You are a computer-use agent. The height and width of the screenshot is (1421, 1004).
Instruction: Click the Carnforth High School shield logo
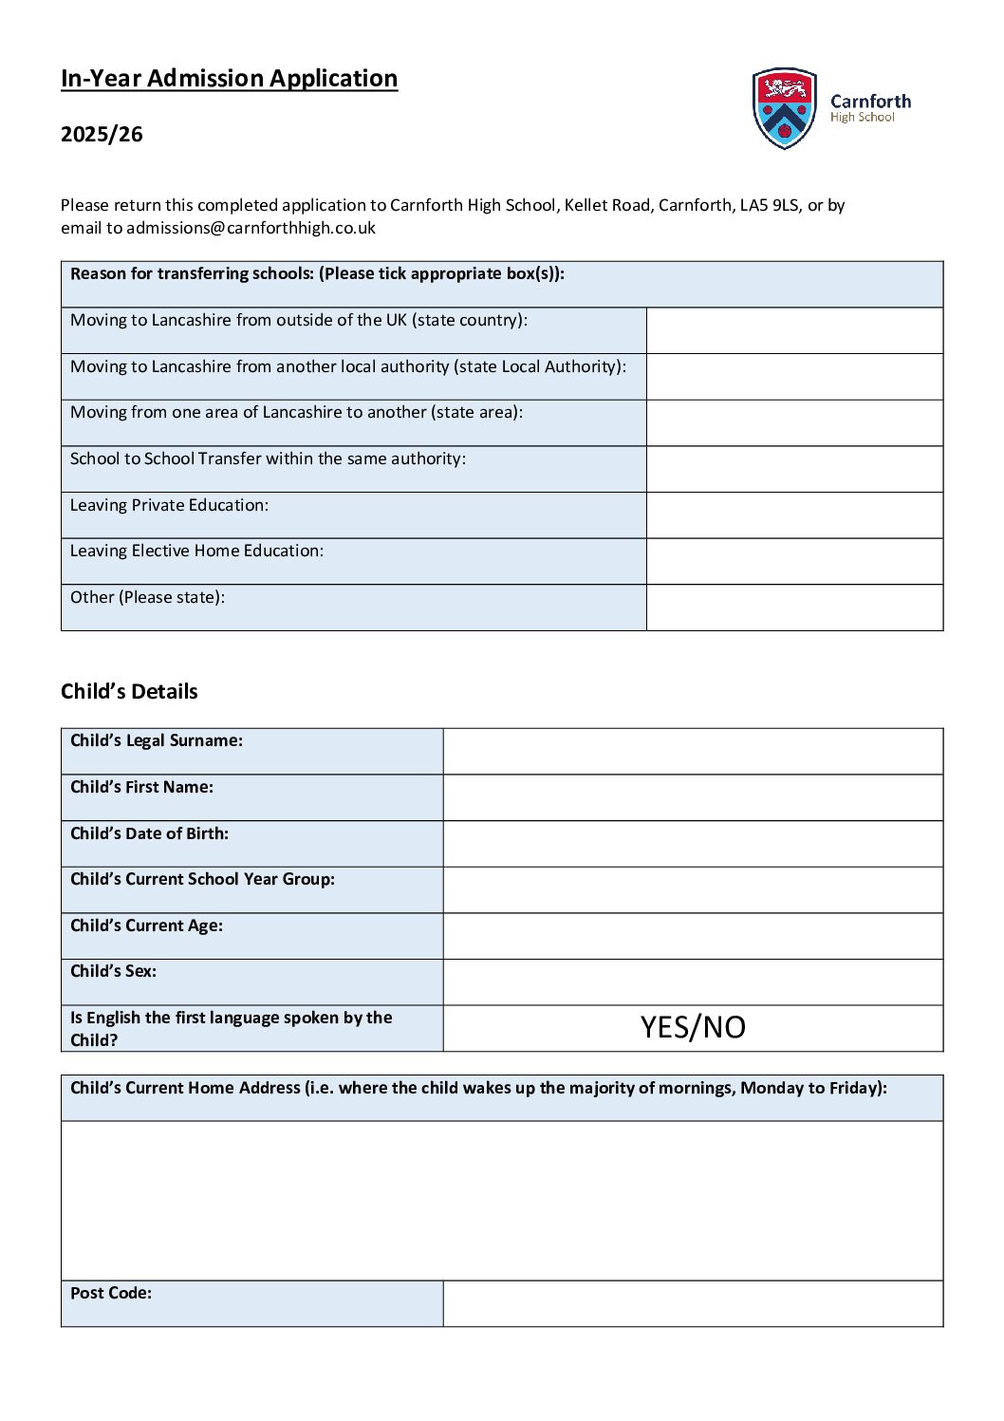pos(784,108)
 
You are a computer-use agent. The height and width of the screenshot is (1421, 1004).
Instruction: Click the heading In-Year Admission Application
pos(229,78)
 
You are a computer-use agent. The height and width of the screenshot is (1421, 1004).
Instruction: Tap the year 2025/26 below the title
pos(102,134)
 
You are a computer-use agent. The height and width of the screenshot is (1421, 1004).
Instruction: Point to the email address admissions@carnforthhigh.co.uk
pos(251,228)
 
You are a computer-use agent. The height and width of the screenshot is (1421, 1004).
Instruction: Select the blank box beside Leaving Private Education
pos(794,514)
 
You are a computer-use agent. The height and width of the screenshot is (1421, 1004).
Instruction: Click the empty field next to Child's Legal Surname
pos(693,751)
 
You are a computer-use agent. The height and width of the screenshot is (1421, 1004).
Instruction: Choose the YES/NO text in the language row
pos(693,1027)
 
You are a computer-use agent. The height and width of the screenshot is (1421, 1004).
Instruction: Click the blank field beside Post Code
pos(693,1303)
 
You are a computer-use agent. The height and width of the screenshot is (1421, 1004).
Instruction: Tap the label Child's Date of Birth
pos(149,833)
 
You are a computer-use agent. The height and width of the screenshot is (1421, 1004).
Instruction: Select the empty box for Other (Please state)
pos(794,608)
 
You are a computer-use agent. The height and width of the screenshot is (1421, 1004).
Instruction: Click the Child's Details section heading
pos(129,691)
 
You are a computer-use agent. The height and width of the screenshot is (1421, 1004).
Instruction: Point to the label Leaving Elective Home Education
pos(196,551)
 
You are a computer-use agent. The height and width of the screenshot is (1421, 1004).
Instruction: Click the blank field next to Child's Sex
pos(693,982)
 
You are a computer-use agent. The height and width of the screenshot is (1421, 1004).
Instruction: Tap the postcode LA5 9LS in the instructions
pos(770,205)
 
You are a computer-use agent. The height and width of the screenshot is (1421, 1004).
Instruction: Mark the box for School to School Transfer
pos(794,469)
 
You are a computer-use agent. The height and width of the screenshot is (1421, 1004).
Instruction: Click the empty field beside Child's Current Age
pos(693,936)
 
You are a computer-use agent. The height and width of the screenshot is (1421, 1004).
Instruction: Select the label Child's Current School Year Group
pos(202,879)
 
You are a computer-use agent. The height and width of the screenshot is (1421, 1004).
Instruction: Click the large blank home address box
pos(502,1200)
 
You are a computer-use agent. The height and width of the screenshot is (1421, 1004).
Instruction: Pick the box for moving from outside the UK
pos(794,330)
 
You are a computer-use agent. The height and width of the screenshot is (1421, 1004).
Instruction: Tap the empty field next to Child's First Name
pos(693,797)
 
